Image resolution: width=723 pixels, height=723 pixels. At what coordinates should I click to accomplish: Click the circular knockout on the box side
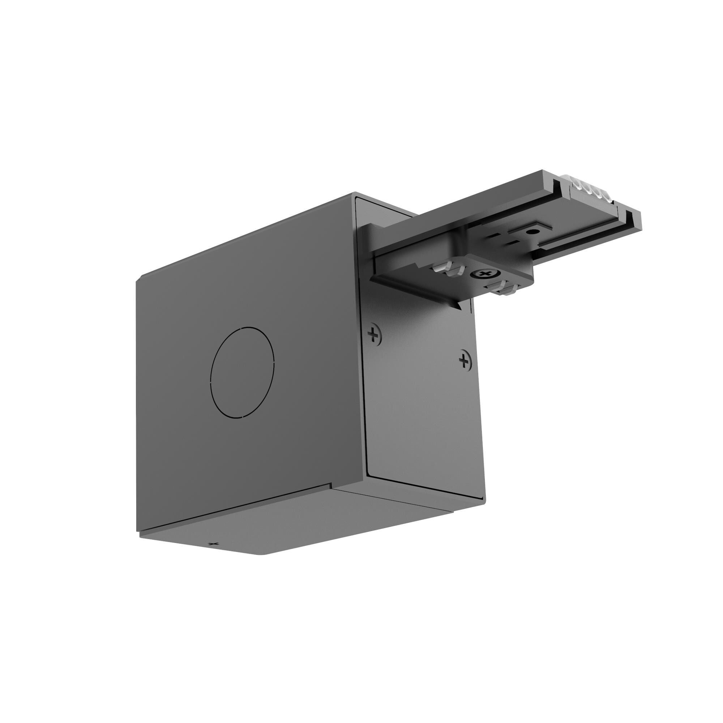[x=242, y=372]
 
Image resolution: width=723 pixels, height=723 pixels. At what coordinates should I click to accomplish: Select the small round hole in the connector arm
[x=532, y=232]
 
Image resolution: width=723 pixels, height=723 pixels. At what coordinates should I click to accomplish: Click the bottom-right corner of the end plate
[x=483, y=500]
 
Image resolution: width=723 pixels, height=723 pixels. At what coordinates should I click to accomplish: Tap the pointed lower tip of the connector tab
[x=459, y=308]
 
